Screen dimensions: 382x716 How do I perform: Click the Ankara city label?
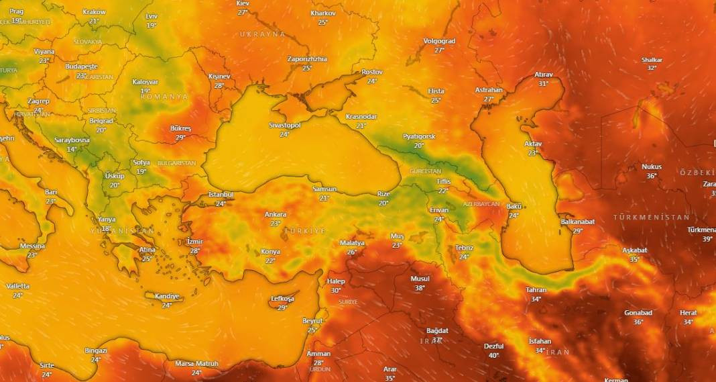pyautogui.click(x=275, y=215)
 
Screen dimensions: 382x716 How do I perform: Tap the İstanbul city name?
pyautogui.click(x=221, y=195)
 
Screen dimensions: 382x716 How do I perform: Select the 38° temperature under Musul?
pyautogui.click(x=420, y=288)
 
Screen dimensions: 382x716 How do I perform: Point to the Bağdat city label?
pyautogui.click(x=437, y=330)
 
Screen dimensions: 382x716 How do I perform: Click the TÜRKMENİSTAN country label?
pyautogui.click(x=651, y=218)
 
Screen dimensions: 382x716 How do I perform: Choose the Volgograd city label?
pyautogui.click(x=439, y=41)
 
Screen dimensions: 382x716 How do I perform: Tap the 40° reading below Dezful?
pyautogui.click(x=494, y=355)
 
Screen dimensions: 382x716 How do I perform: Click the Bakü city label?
pyautogui.click(x=514, y=206)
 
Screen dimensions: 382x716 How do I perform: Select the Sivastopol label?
pyautogui.click(x=285, y=126)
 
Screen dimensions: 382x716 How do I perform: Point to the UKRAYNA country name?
pyautogui.click(x=262, y=34)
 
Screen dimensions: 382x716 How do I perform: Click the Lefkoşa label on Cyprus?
pyautogui.click(x=282, y=299)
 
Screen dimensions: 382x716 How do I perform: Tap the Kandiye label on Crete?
pyautogui.click(x=167, y=296)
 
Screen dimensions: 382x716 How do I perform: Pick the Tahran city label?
pyautogui.click(x=536, y=290)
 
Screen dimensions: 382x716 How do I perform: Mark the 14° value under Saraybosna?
pyautogui.click(x=72, y=149)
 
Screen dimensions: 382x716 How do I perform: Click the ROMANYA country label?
pyautogui.click(x=164, y=97)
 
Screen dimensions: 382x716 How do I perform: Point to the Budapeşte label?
pyautogui.click(x=82, y=66)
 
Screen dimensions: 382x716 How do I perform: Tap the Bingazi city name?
pyautogui.click(x=96, y=350)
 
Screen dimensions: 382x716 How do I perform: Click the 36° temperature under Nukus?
pyautogui.click(x=651, y=176)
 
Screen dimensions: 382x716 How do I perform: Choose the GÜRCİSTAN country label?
pyautogui.click(x=425, y=171)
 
